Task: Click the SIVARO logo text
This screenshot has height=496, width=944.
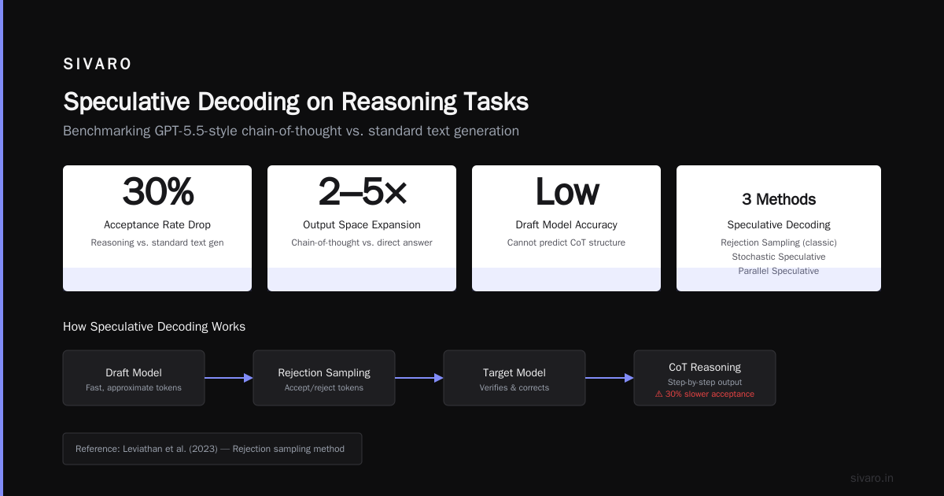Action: (x=97, y=64)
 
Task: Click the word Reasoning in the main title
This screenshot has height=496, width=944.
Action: (x=399, y=102)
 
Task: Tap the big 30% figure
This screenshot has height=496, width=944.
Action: (x=158, y=192)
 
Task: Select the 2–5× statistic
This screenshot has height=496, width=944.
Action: (x=362, y=192)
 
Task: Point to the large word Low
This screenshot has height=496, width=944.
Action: (x=567, y=192)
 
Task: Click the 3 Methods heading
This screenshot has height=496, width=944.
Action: (x=779, y=199)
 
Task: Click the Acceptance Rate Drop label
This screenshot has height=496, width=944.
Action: (x=157, y=225)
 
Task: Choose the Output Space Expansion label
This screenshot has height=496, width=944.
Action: (x=362, y=225)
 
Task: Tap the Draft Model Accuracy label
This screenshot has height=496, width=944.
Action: (x=566, y=225)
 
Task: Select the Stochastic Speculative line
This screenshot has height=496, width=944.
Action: (x=779, y=257)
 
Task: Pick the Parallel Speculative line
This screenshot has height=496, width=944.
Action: (x=779, y=271)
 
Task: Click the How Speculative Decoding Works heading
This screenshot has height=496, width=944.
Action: (x=154, y=327)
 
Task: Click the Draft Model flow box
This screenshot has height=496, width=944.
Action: (x=134, y=378)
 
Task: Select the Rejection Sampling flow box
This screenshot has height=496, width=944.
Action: (x=324, y=378)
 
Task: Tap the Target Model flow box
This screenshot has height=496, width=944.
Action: (x=514, y=378)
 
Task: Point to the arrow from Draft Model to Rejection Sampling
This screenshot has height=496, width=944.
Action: (x=229, y=378)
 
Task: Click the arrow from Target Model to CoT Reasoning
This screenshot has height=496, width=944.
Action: (x=610, y=378)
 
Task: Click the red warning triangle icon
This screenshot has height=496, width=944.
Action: (x=659, y=394)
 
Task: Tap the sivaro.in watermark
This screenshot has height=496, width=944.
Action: (x=872, y=478)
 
